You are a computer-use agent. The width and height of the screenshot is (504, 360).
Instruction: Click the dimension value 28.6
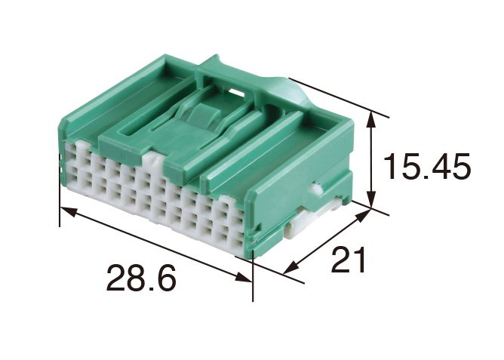[141, 278]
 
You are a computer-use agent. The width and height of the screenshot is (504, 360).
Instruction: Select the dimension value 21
[349, 260]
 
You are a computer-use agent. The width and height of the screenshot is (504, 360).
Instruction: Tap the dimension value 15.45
[427, 166]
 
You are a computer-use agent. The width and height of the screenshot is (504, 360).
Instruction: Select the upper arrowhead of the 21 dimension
[363, 215]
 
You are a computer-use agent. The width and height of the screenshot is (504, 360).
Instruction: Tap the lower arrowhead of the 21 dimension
[290, 267]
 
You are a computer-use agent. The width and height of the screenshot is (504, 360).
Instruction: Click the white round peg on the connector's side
[316, 189]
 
